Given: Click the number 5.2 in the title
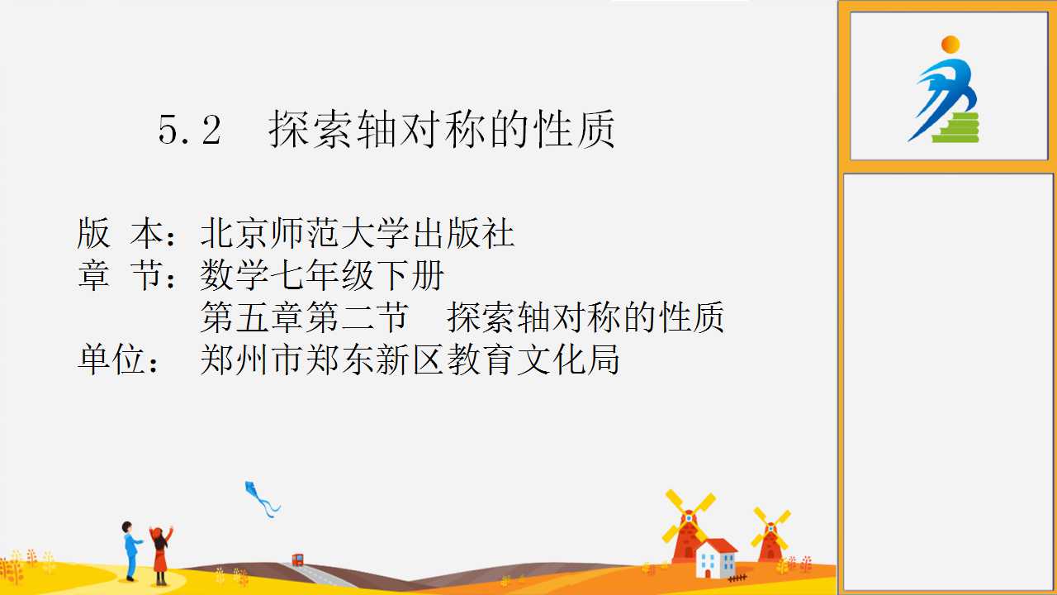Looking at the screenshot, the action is tap(190, 130).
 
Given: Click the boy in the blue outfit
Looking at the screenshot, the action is tap(130, 550).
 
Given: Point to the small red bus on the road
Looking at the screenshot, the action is tap(297, 559).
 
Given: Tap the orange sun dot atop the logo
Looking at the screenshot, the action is tap(950, 45).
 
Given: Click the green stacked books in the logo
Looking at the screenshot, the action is tap(956, 127).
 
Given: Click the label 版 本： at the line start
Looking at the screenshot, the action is tap(127, 233).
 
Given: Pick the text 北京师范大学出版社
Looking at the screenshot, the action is tap(358, 233).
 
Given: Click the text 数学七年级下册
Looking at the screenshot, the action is tap(322, 275).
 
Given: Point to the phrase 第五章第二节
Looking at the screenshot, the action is tap(305, 317).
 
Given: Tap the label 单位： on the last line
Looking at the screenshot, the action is tap(119, 359).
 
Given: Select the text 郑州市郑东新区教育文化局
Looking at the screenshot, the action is tap(410, 359).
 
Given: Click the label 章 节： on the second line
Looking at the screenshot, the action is tap(127, 275).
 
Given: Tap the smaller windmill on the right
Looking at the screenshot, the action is tap(770, 536).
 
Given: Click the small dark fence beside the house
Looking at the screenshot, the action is tap(737, 578).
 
